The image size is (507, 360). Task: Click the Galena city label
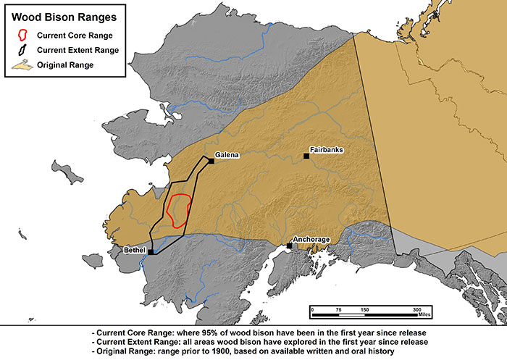click(x=227, y=154)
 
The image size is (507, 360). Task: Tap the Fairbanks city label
click(x=326, y=150)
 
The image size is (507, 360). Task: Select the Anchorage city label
click(x=311, y=239)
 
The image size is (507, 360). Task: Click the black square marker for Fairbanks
click(x=306, y=156)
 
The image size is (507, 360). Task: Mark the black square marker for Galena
click(x=211, y=161)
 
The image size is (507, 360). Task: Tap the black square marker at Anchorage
click(x=290, y=246)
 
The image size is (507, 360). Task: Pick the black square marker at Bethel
click(x=151, y=252)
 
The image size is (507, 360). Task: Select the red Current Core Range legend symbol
click(x=24, y=35)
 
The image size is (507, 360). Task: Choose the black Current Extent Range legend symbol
click(x=24, y=50)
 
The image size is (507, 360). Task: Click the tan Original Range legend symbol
click(x=24, y=65)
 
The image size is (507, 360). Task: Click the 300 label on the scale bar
click(x=417, y=309)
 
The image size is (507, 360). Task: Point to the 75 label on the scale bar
click(x=338, y=309)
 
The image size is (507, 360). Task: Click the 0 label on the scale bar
click(x=312, y=309)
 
